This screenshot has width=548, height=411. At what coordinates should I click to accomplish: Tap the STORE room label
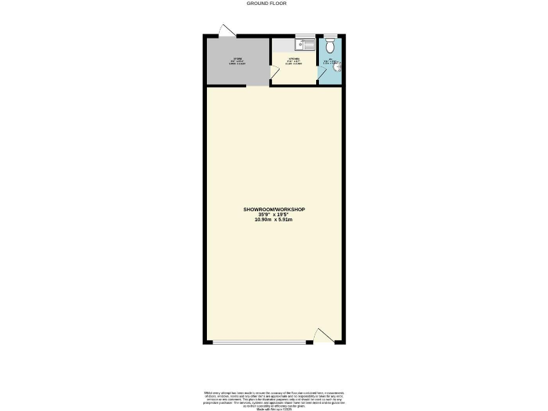tap(236, 60)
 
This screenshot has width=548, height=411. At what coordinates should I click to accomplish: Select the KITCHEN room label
tap(295, 60)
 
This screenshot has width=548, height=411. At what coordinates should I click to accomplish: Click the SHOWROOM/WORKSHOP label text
tap(273, 209)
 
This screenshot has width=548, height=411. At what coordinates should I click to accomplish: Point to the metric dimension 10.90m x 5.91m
tap(273, 220)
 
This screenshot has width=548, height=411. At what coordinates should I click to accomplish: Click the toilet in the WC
tap(330, 45)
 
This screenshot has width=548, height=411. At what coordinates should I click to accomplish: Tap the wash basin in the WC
tap(338, 69)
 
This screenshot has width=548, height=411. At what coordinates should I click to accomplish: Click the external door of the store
tap(226, 31)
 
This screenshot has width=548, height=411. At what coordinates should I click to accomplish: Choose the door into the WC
tap(322, 74)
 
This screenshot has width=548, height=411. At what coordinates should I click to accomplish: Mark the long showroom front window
tap(260, 344)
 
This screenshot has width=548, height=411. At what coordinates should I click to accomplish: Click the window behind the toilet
tap(330, 35)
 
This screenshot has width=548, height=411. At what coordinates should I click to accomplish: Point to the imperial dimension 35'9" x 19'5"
tap(273, 214)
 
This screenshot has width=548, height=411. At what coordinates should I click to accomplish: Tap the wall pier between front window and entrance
tap(310, 344)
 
